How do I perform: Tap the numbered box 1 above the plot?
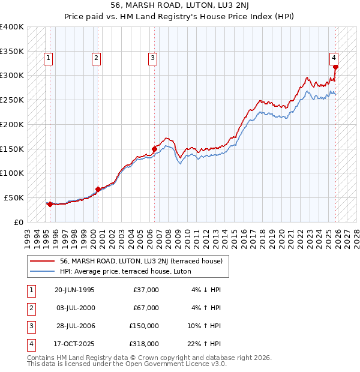click(x=48, y=58)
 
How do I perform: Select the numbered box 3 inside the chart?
click(x=153, y=58)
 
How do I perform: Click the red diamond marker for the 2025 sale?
click(x=335, y=67)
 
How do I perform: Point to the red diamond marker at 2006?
click(x=154, y=149)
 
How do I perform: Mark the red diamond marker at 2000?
click(x=98, y=189)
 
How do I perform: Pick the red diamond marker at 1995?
click(x=50, y=204)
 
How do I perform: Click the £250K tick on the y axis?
click(x=12, y=100)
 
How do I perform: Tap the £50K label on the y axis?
click(x=14, y=197)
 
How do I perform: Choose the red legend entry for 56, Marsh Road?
click(x=141, y=261)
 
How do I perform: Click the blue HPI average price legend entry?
click(x=125, y=271)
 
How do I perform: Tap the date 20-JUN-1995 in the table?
click(x=74, y=290)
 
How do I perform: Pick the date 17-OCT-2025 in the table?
click(x=74, y=344)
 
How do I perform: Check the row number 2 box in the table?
click(x=30, y=308)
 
